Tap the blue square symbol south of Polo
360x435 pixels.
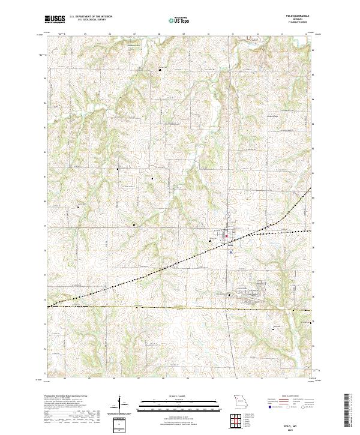[x=230, y=253]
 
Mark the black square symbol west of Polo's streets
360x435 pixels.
[x=209, y=241]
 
